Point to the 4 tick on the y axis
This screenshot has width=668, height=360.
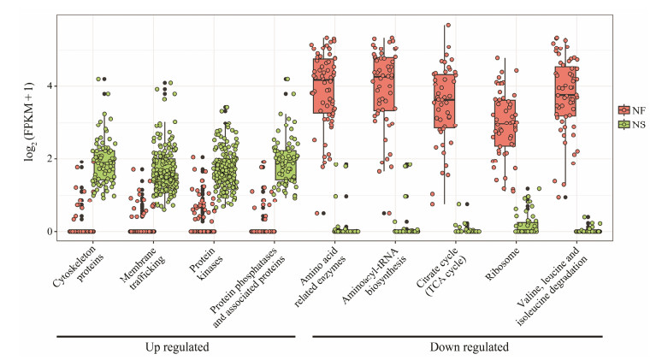click(x=49, y=86)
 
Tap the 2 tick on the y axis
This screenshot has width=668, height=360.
click(x=49, y=159)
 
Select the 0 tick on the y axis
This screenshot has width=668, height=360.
click(x=49, y=232)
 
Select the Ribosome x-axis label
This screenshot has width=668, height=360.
click(x=503, y=261)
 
